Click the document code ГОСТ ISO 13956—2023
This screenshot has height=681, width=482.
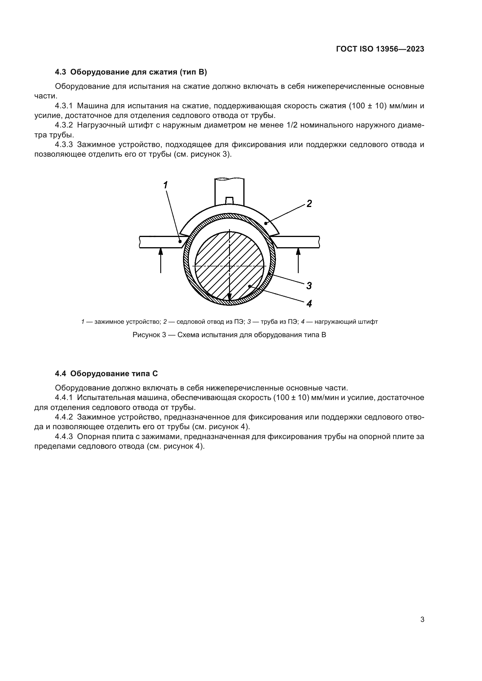point(380,49)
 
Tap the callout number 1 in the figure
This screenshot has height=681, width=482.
point(166,185)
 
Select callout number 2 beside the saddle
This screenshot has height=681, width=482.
point(309,204)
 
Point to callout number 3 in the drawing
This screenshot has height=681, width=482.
point(309,286)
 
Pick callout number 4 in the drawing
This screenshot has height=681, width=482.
point(309,304)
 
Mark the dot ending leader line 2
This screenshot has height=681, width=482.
point(265,223)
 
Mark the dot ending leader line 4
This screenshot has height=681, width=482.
point(250,286)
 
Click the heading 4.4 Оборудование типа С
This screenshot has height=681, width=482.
point(106,374)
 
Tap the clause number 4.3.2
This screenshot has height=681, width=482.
point(64,125)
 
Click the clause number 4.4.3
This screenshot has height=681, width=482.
point(64,437)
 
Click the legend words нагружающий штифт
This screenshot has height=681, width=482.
point(346,322)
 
